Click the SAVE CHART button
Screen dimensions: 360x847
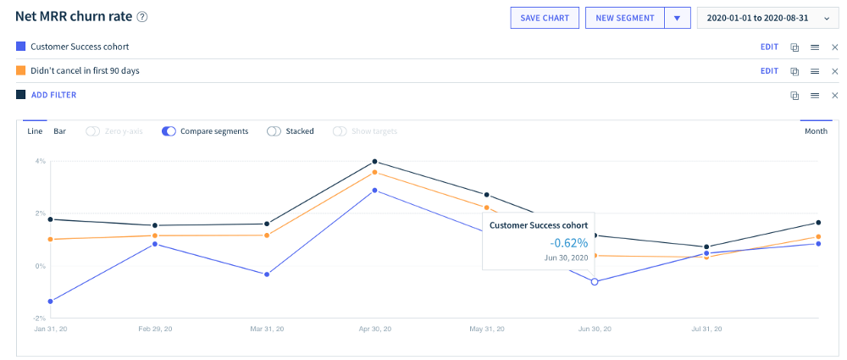(x=545, y=18)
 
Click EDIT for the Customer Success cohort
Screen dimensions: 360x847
(x=769, y=47)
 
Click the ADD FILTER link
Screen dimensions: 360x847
(x=53, y=95)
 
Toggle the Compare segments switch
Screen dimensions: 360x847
(x=169, y=131)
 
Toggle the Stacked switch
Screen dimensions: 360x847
(x=274, y=131)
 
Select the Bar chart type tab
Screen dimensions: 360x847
(x=59, y=131)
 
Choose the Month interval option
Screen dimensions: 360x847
(x=816, y=131)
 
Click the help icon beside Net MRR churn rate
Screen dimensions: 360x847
(x=142, y=17)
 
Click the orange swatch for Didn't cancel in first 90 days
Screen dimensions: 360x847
(x=20, y=71)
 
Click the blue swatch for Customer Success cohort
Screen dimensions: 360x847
(x=20, y=47)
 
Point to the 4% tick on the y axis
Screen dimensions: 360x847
(x=40, y=162)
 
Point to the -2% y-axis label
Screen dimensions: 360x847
(x=39, y=318)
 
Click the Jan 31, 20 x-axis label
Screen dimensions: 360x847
(x=52, y=328)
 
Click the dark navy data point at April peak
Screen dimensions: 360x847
(x=374, y=162)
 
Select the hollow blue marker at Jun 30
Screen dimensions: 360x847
(x=595, y=281)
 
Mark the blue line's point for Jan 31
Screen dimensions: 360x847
(x=51, y=302)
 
